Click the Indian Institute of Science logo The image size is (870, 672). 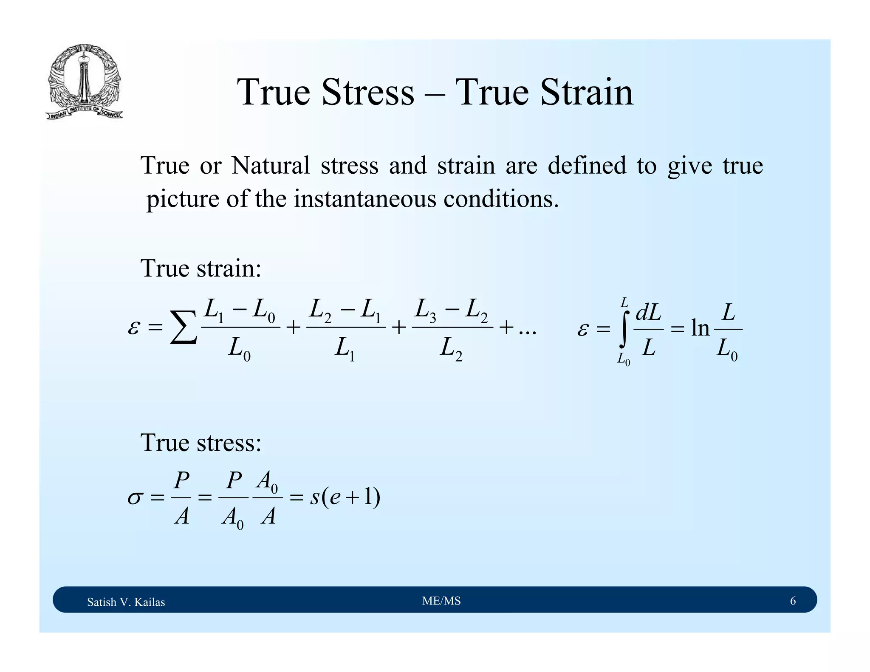[x=84, y=82]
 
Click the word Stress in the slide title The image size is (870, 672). [x=367, y=92]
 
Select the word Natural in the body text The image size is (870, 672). [x=271, y=165]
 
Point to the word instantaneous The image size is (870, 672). [x=365, y=198]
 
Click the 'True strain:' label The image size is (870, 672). [x=201, y=268]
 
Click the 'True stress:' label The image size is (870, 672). [x=201, y=443]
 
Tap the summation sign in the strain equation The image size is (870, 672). [x=183, y=328]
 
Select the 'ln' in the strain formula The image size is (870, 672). [x=700, y=328]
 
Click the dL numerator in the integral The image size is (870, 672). [x=648, y=313]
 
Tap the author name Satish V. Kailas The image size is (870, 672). [x=126, y=602]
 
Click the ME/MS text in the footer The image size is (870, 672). [x=441, y=601]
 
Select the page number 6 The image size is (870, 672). [x=792, y=601]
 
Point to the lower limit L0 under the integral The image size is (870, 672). [x=624, y=360]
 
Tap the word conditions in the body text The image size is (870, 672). [x=501, y=198]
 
